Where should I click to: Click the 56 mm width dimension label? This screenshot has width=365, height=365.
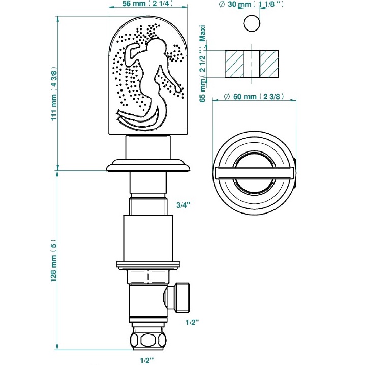pyautogui.click(x=148, y=3)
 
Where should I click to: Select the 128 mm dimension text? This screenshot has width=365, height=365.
pyautogui.click(x=54, y=260)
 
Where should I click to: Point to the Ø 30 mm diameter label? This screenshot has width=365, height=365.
pyautogui.click(x=252, y=4)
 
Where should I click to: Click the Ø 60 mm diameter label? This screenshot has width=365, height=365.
pyautogui.click(x=254, y=96)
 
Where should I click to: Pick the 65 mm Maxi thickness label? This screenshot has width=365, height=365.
pyautogui.click(x=203, y=64)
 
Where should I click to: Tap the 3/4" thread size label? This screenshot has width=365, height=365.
pyautogui.click(x=183, y=205)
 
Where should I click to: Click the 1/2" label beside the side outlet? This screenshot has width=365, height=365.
pyautogui.click(x=192, y=322)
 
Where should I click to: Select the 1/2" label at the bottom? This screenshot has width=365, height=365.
pyautogui.click(x=147, y=360)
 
